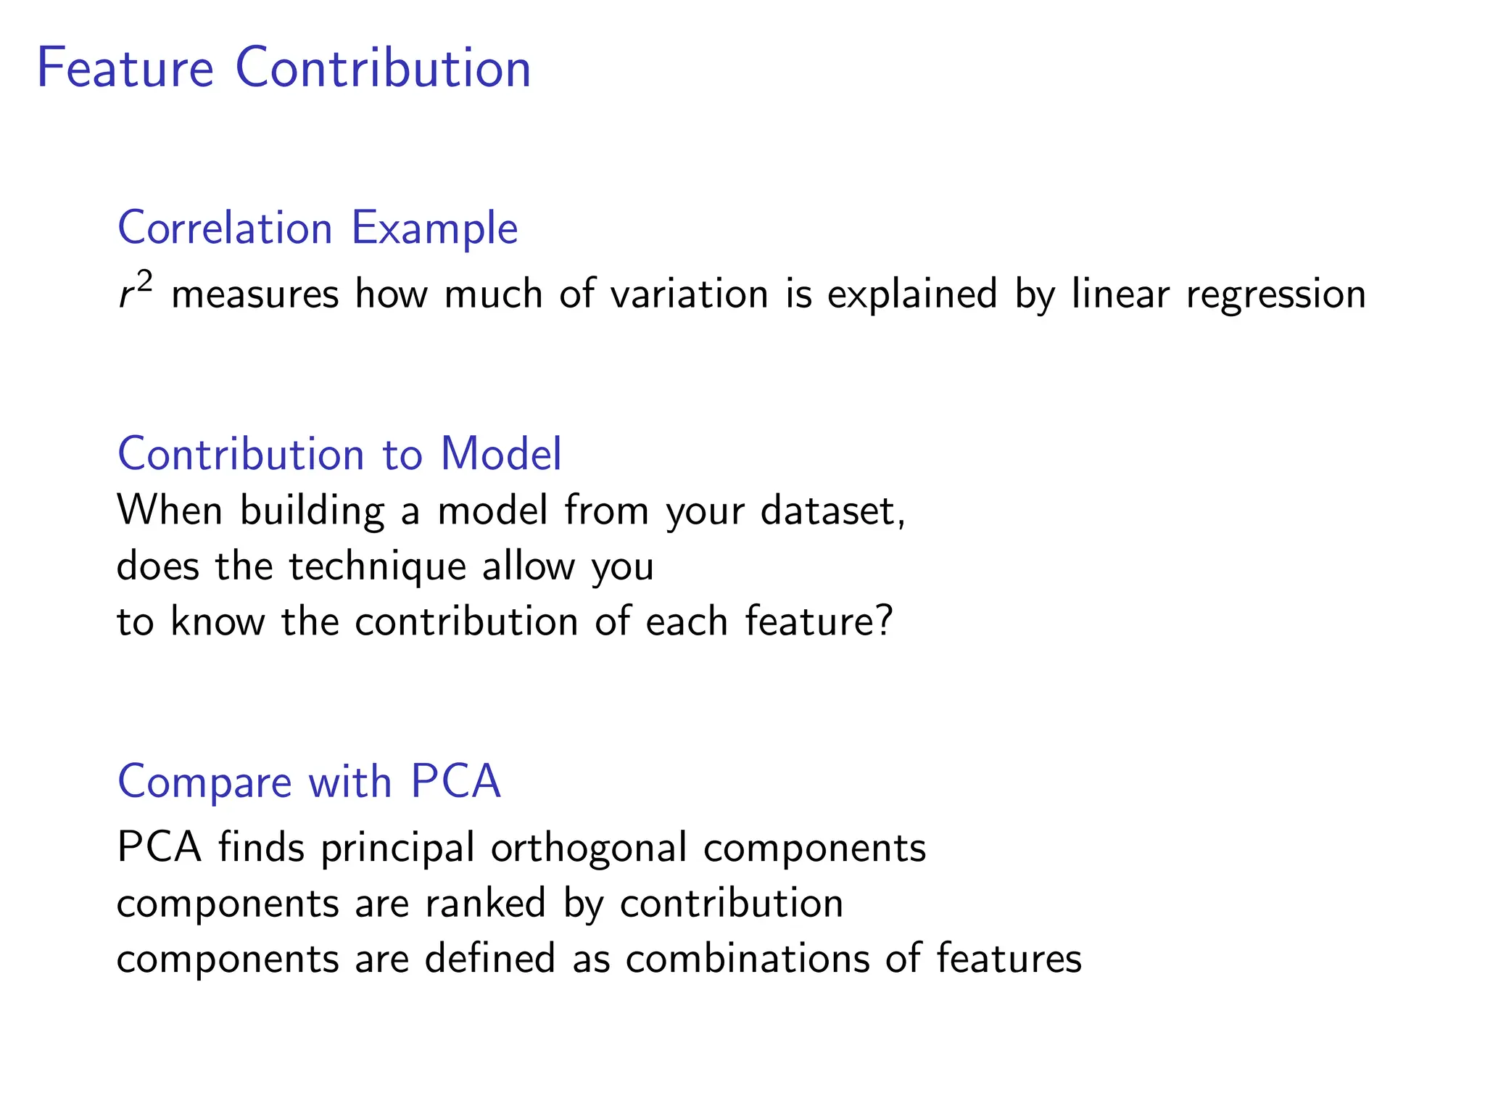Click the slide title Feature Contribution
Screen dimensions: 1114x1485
point(284,68)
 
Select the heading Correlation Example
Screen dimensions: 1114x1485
point(318,228)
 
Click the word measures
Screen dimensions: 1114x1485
point(255,295)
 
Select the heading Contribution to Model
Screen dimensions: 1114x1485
point(339,454)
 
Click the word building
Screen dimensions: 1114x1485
point(313,511)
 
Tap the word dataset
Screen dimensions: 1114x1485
point(832,511)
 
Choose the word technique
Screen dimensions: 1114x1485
point(377,566)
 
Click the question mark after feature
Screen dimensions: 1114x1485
point(884,622)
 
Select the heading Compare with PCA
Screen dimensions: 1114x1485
point(309,782)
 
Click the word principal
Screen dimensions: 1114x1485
point(397,848)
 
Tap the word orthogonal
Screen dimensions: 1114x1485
point(589,848)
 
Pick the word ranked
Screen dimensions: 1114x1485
point(485,903)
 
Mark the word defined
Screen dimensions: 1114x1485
point(490,958)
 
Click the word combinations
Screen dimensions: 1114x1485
point(747,958)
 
